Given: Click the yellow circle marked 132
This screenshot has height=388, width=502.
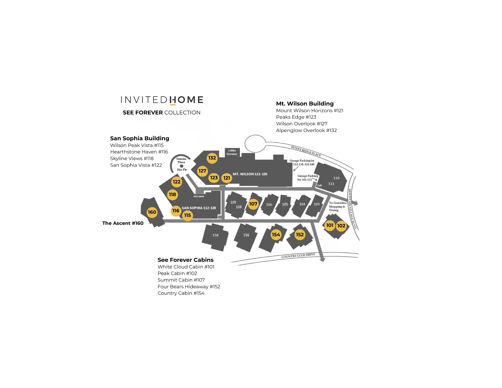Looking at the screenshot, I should point(212,158).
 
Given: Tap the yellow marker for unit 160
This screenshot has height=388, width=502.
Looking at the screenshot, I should point(152,212).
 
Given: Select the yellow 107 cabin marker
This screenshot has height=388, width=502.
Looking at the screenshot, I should point(253,204).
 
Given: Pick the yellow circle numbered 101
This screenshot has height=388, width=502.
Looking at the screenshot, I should point(330,225).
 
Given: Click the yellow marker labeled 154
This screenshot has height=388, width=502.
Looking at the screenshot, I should point(276,235).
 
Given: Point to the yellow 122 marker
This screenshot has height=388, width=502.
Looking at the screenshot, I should point(176,182).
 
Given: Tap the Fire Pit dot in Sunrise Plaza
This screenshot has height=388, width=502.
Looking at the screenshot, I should point(181,166).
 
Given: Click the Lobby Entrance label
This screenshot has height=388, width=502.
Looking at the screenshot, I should point(232,152).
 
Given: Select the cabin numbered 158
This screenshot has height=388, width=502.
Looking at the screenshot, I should point(215,235).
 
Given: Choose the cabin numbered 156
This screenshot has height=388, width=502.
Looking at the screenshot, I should point(246,235).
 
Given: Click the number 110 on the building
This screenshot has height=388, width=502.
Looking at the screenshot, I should point(336,178).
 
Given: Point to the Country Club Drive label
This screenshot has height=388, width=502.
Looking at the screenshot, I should point(298,256).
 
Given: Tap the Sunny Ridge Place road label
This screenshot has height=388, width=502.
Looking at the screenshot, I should point(306,151).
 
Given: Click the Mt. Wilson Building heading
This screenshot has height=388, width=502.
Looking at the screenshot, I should point(305,104).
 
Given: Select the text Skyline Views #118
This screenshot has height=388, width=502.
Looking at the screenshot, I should point(132,158).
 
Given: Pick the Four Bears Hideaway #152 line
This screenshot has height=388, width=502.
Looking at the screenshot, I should point(189,287).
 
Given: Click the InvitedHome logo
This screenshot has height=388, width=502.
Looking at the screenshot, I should point(162,100).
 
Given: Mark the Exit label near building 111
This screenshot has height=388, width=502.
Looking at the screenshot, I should point(320,186).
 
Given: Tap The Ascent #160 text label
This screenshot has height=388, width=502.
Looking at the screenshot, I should point(123,223).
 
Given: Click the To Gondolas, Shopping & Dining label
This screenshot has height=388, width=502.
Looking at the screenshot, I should point(337,206).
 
